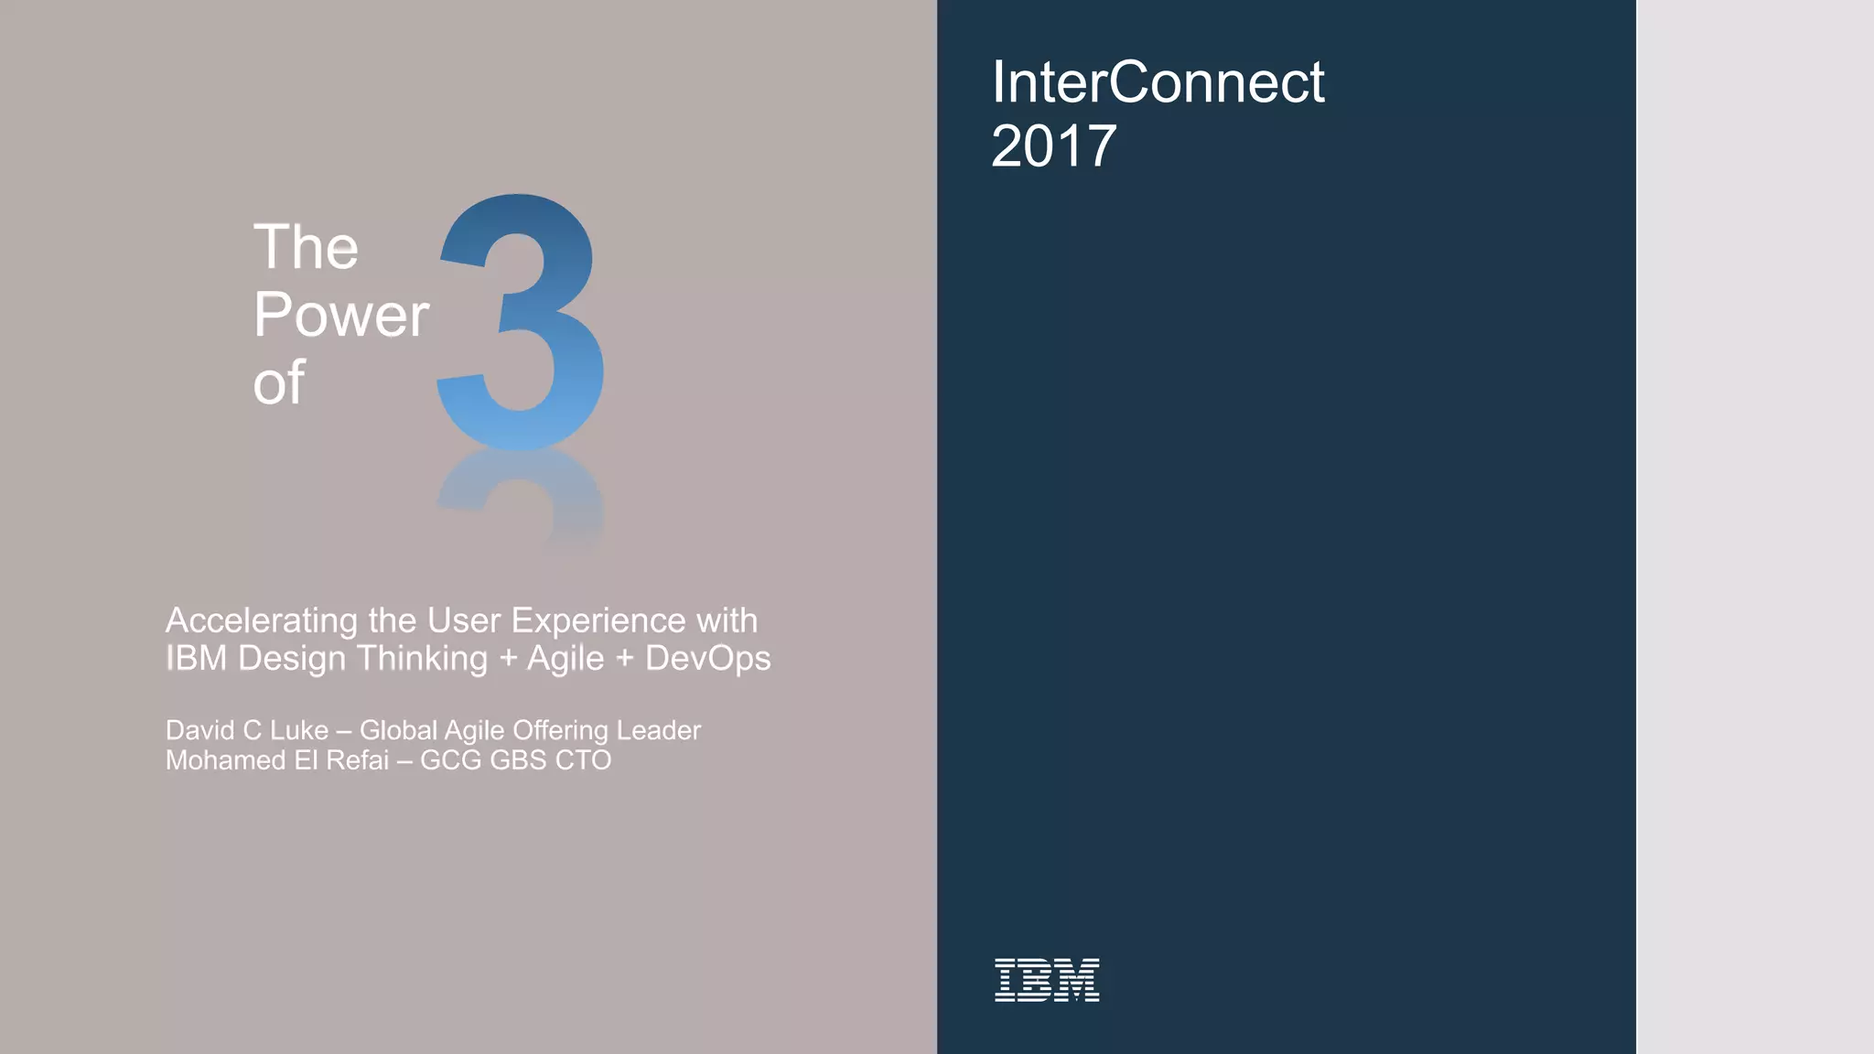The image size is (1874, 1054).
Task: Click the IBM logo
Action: click(1047, 980)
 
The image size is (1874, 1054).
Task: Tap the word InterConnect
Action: click(1158, 82)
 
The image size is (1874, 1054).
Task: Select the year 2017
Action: click(1053, 146)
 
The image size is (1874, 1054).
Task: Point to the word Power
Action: click(340, 315)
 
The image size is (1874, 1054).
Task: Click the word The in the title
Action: click(306, 247)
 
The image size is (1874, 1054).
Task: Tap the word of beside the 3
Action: click(278, 382)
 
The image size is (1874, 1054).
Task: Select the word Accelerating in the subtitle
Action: click(261, 621)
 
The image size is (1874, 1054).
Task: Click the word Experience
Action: click(598, 620)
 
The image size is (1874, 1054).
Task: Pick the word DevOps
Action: click(707, 658)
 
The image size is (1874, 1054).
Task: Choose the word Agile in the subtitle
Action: click(565, 659)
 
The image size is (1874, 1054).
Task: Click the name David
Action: click(199, 730)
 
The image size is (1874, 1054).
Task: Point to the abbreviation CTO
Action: click(583, 760)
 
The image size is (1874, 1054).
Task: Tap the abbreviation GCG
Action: click(450, 760)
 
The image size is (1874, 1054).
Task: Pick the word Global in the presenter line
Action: click(398, 730)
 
